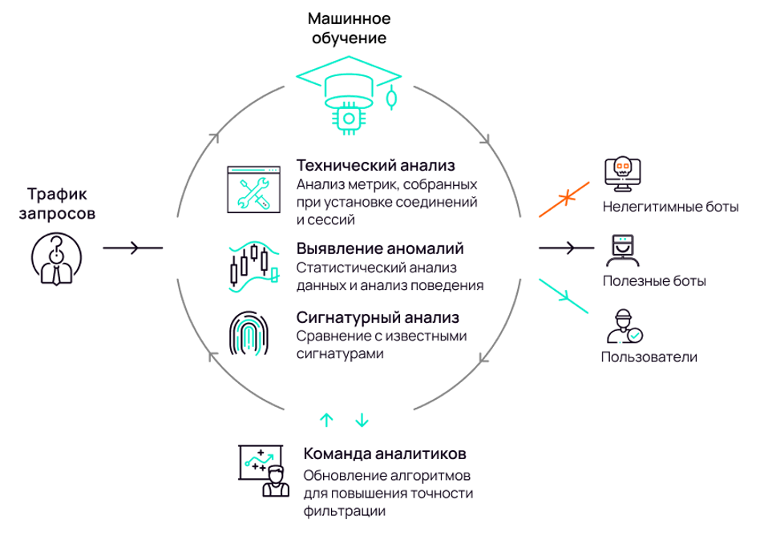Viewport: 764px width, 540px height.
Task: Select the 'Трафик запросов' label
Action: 56,204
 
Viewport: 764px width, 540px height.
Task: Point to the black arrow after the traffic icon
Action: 132,248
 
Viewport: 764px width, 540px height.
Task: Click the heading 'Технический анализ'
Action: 376,165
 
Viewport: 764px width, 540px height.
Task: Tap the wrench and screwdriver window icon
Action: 254,190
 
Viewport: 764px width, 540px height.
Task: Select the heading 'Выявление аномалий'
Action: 380,248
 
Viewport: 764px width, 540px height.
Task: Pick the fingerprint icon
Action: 250,332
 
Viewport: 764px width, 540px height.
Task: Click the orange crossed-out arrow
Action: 565,197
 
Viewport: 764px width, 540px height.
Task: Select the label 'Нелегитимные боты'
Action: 669,208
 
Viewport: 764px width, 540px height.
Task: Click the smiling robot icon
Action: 621,250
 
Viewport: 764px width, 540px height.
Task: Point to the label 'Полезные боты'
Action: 654,281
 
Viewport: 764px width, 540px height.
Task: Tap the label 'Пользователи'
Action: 649,357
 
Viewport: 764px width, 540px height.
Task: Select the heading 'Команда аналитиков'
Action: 384,453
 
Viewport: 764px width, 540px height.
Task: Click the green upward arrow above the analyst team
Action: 325,419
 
